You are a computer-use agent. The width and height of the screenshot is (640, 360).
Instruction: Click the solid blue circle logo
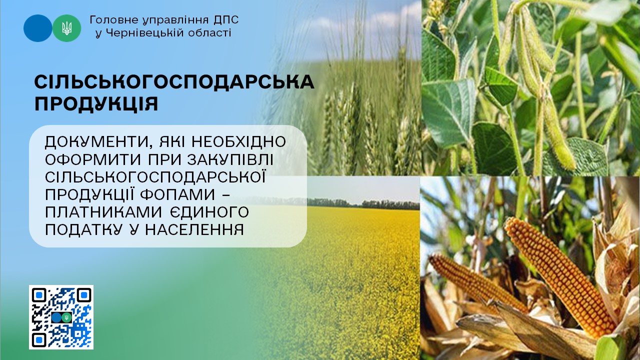pos(37,28)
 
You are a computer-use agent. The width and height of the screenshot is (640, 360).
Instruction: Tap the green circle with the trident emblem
pos(67,28)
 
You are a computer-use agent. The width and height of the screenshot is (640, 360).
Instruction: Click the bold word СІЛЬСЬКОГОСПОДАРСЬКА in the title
pos(174,82)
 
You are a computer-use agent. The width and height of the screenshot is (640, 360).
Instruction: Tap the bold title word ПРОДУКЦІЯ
pos(96,104)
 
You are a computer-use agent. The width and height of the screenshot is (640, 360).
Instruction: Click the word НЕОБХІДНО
pos(238,141)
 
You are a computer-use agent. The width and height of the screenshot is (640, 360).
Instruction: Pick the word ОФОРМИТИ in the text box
pos(93,159)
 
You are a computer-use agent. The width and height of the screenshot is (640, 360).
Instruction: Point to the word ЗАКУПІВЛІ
pos(230,159)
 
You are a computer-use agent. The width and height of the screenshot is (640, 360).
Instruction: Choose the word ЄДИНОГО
pos(209,212)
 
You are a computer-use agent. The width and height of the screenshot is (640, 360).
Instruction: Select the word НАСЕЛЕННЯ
pos(194,230)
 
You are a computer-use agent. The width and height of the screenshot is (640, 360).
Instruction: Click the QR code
pos(61,317)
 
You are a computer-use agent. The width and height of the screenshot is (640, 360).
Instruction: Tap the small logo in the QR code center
pos(61,317)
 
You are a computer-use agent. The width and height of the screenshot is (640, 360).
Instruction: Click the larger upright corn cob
pos(560,277)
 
